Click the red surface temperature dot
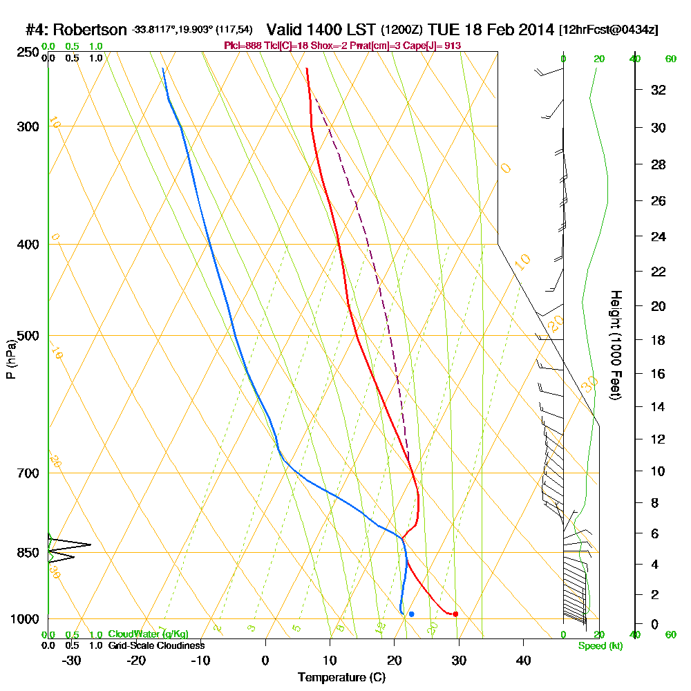455,614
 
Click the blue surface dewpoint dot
411,614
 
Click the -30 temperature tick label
72,660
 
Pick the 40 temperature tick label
523,660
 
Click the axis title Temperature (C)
341,677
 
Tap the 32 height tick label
659,90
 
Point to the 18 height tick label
659,340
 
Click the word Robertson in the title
90,30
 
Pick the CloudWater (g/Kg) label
148,634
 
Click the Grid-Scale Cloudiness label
155,645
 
